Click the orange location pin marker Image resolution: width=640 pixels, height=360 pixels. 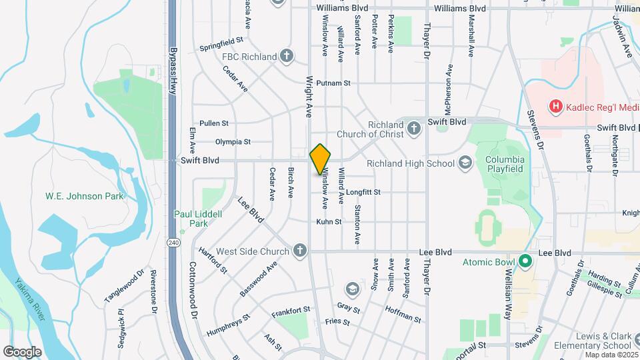(320, 159)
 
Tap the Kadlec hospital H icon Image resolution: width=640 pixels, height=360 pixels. (554, 107)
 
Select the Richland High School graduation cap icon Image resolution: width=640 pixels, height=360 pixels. (465, 163)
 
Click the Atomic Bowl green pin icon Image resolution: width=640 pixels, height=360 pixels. (525, 261)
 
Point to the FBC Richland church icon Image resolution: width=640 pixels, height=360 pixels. (287, 56)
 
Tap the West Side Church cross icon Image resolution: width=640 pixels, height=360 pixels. (300, 251)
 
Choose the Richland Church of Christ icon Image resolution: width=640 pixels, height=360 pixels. (414, 128)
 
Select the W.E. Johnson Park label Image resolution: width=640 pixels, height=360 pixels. (75, 196)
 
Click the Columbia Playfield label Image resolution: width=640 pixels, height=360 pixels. (505, 164)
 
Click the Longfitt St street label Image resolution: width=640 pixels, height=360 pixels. (363, 192)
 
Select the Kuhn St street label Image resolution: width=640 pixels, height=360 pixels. (329, 221)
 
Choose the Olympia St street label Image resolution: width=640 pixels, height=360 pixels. (233, 141)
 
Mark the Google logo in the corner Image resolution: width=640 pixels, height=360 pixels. (22, 352)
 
